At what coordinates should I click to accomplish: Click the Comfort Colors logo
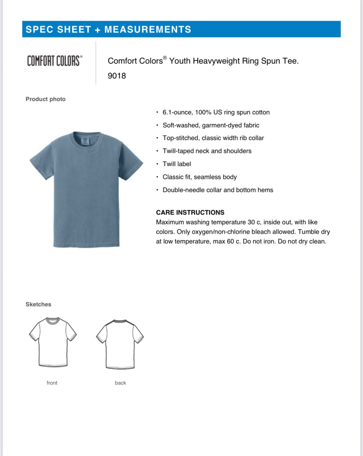pos(55,61)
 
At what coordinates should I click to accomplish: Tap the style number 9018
pos(117,76)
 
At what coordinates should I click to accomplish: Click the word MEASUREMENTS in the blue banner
pos(148,29)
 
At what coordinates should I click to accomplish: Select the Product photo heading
pos(46,99)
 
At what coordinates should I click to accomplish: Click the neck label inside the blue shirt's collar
pos(84,141)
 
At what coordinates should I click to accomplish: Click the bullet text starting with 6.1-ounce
pos(216,112)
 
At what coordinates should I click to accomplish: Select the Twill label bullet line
pos(177,164)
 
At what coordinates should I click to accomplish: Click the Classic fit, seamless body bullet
pos(199,177)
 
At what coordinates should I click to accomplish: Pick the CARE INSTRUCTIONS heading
pos(190,212)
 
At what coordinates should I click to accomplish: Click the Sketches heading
pos(38,304)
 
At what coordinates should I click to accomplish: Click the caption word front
pos(52,383)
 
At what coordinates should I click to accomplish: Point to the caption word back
pos(120,383)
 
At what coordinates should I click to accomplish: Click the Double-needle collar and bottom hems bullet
pos(218,190)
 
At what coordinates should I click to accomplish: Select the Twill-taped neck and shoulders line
pos(207,151)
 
